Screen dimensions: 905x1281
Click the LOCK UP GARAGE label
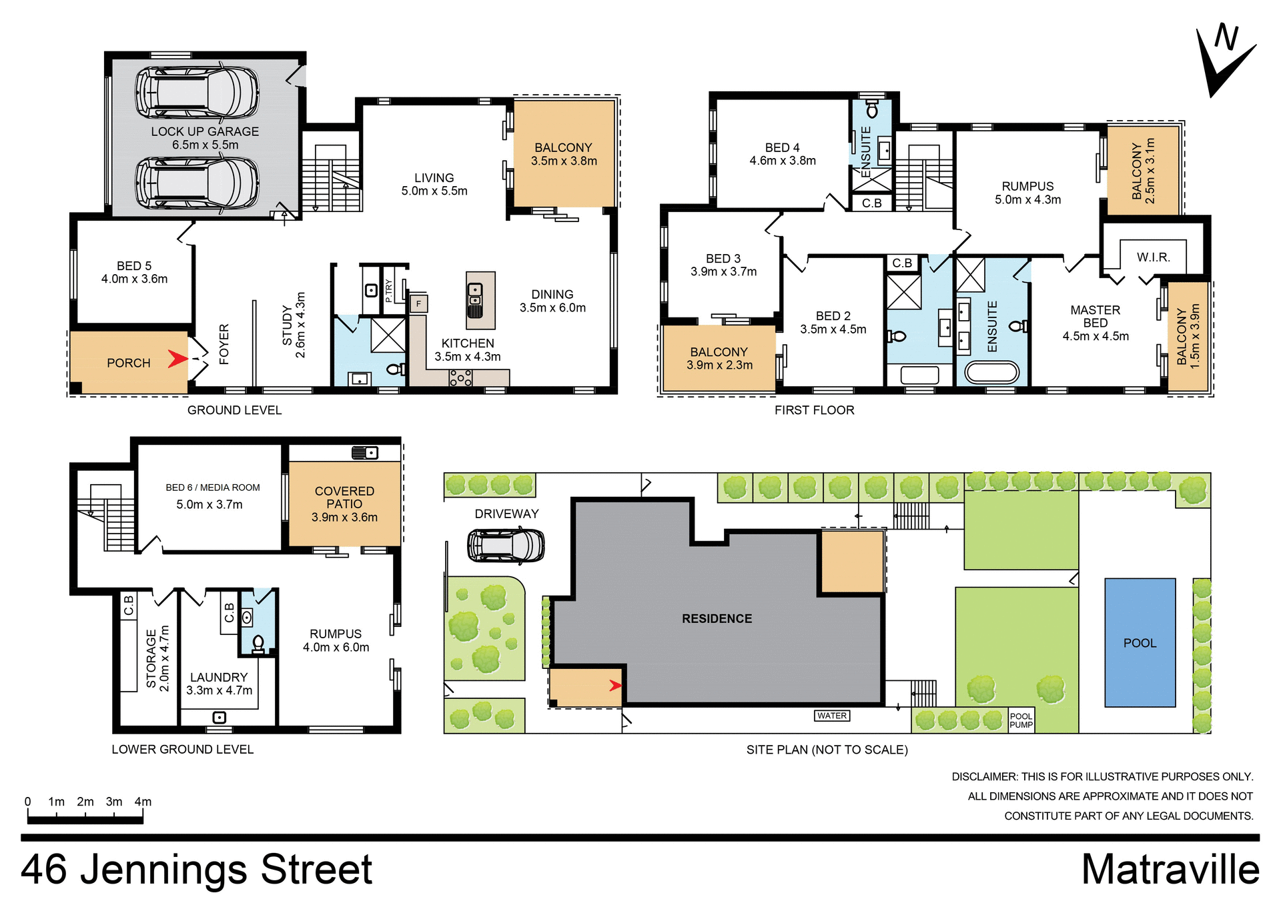pos(205,132)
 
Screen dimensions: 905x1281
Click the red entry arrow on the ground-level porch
pos(177,359)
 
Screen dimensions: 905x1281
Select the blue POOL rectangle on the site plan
pos(1140,642)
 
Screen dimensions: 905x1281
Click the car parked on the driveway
pos(506,546)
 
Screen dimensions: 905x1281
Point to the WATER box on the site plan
pos(832,716)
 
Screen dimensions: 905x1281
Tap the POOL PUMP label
pos(1021,721)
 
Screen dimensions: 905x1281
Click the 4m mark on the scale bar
pos(143,802)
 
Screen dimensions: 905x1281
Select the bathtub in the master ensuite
pos(992,372)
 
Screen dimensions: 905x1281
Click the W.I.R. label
pos(1153,257)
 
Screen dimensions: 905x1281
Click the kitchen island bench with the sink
pos(480,300)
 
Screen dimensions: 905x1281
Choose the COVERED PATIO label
pos(344,498)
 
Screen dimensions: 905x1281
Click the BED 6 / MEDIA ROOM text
pos(213,488)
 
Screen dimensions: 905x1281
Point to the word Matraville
pos(1170,870)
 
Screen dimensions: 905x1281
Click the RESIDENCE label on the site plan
pos(717,619)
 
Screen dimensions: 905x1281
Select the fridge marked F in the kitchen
pos(418,304)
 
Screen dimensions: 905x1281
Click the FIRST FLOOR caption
pos(814,410)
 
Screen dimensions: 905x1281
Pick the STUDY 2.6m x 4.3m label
pos(294,325)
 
